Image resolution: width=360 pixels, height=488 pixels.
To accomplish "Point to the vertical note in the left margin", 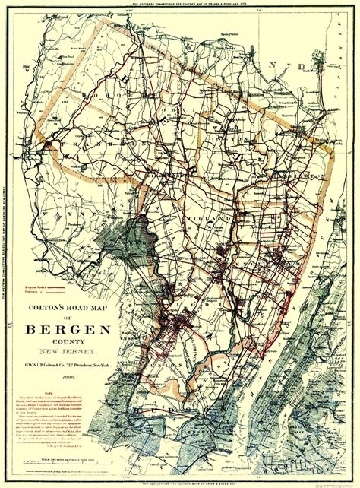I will (5, 251).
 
